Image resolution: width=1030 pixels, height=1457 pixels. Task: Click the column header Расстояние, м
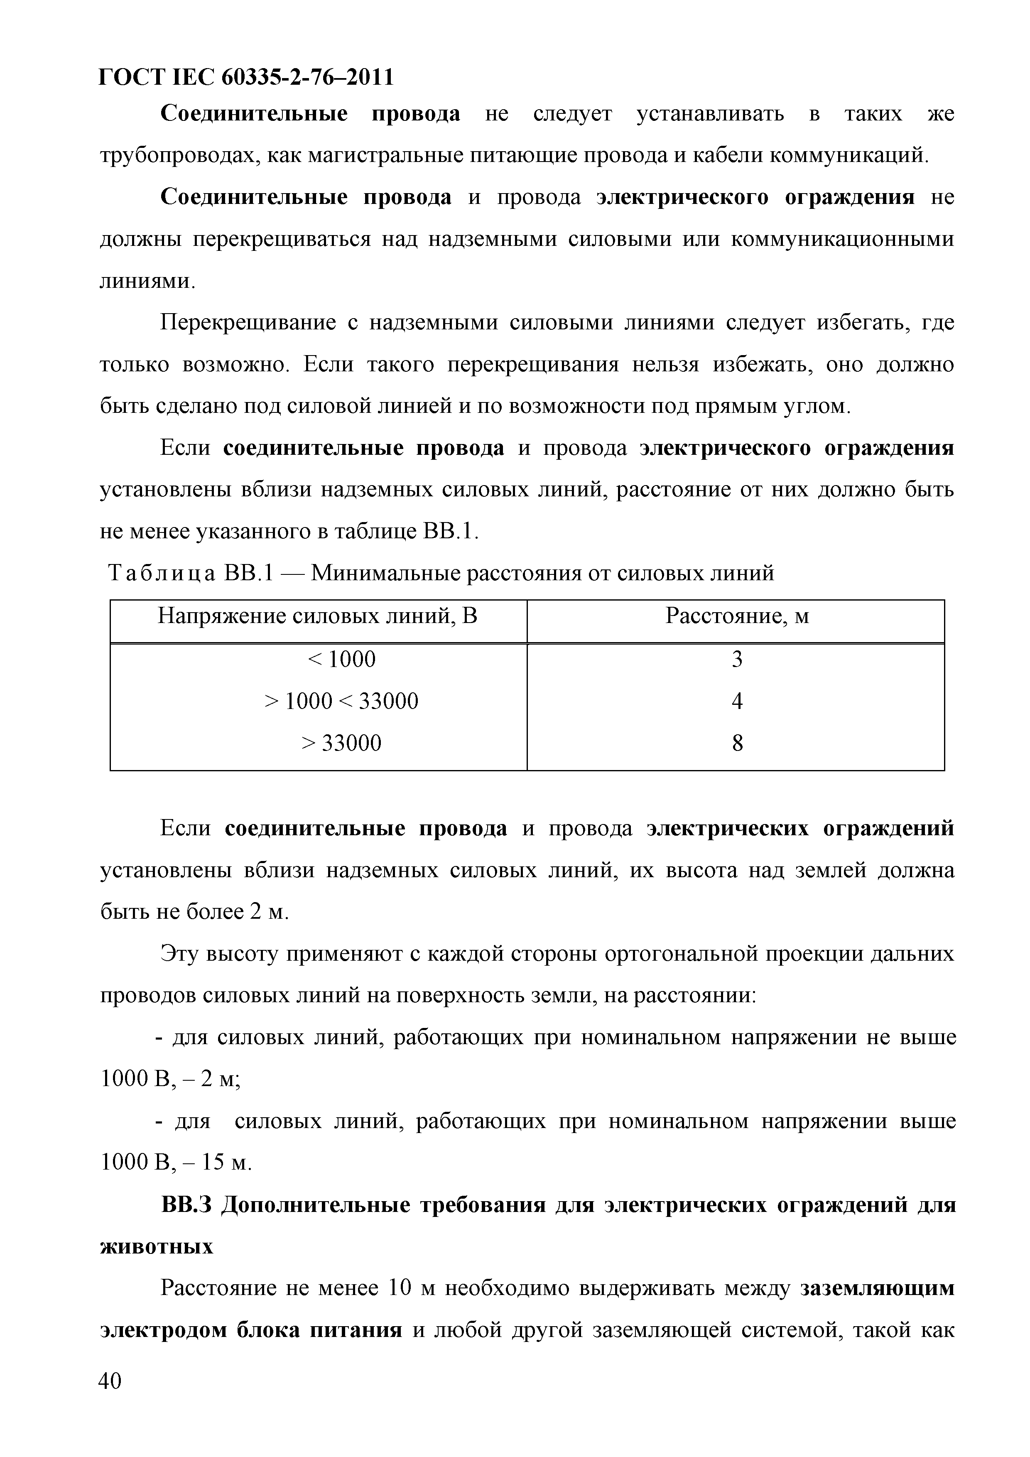click(x=737, y=616)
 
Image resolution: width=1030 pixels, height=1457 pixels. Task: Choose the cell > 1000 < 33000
click(x=341, y=701)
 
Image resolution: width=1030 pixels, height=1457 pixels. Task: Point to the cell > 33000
click(x=341, y=743)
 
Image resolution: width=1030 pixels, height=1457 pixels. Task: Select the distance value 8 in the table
click(x=737, y=743)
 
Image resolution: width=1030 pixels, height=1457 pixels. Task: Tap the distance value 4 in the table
click(x=737, y=701)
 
